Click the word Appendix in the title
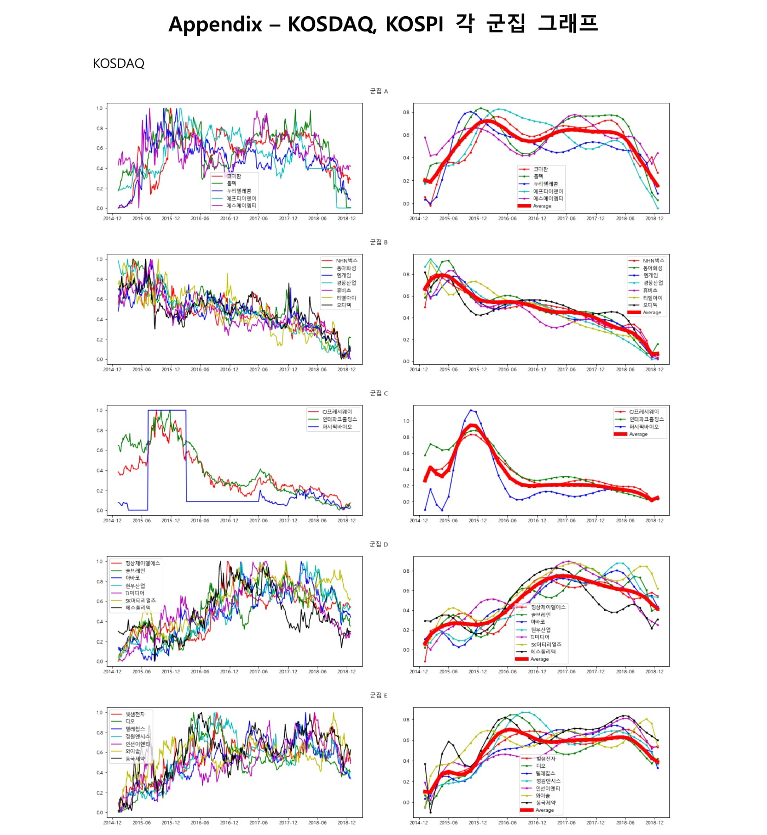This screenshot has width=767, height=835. (215, 24)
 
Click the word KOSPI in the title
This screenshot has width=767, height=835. (414, 24)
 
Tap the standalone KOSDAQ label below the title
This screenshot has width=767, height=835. (119, 63)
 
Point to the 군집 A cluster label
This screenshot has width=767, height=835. (378, 91)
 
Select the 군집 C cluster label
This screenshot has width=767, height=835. (378, 393)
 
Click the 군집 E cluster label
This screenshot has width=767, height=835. (378, 696)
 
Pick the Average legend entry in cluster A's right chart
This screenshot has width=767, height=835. (542, 206)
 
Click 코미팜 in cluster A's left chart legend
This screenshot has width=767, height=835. (234, 176)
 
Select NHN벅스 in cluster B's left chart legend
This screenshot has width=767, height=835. (346, 261)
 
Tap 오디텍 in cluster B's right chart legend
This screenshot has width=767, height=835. (650, 305)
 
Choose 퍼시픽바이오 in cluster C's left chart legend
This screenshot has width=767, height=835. (337, 427)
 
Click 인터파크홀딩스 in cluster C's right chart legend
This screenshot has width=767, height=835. (646, 419)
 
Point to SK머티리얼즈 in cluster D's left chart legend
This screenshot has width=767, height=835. (141, 601)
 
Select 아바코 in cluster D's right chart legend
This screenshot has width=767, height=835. (538, 622)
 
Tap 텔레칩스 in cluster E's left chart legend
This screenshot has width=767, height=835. (135, 729)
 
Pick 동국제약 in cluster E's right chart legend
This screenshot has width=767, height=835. (545, 803)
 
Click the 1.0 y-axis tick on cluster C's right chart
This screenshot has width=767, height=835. (406, 421)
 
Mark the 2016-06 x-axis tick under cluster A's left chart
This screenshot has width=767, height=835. (200, 218)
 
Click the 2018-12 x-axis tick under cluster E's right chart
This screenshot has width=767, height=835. (654, 822)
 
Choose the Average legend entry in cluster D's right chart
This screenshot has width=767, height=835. (539, 659)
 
